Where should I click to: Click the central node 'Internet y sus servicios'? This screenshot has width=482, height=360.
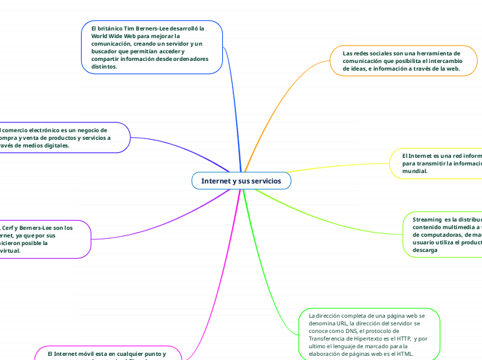(241, 181)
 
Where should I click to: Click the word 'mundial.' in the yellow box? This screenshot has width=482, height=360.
(415, 170)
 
